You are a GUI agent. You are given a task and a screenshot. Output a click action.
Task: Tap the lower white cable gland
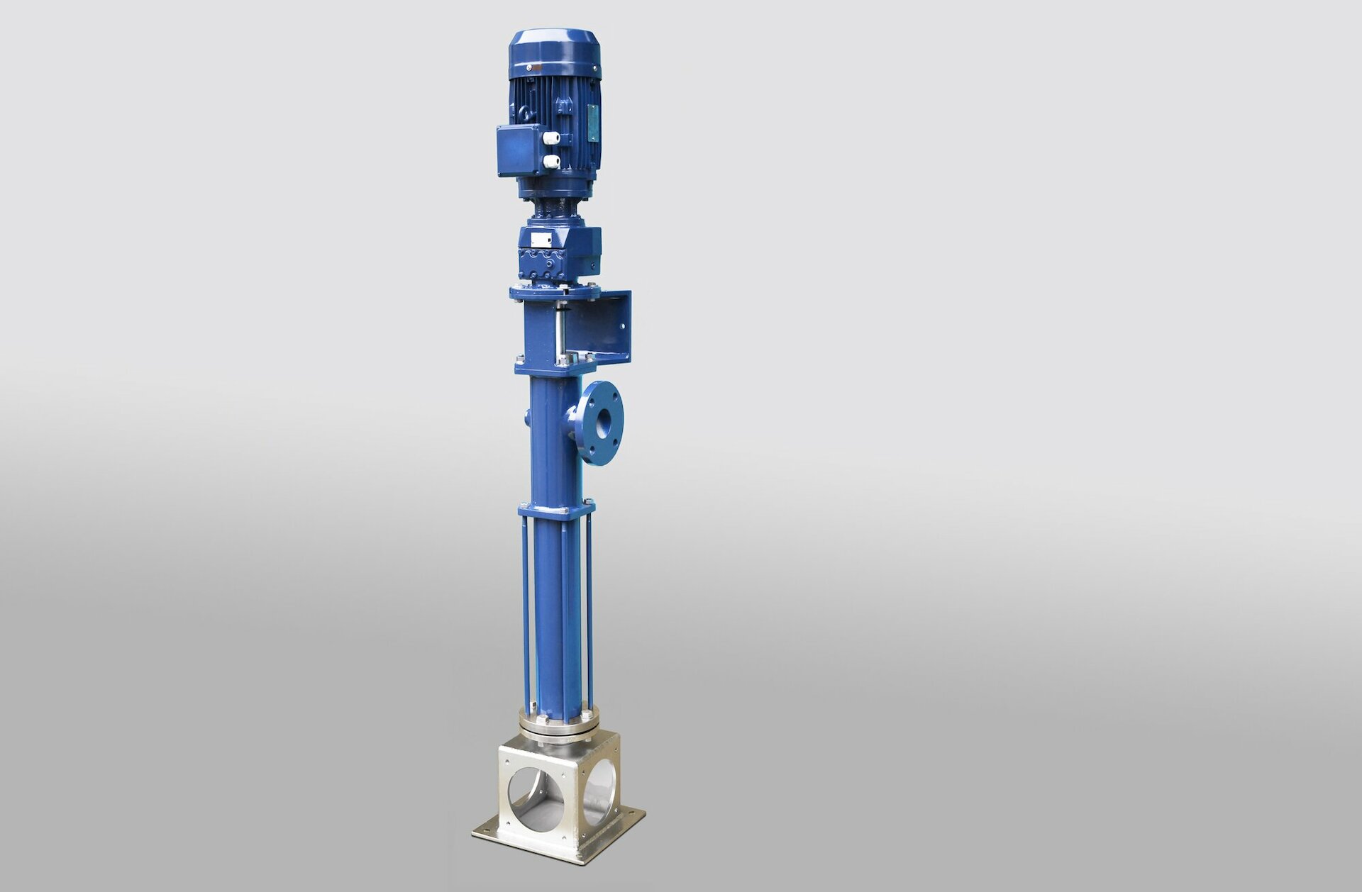coord(551,162)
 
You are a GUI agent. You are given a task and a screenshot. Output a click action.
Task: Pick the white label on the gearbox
coord(541,239)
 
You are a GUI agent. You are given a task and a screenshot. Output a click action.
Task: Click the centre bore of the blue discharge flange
coord(603,424)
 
